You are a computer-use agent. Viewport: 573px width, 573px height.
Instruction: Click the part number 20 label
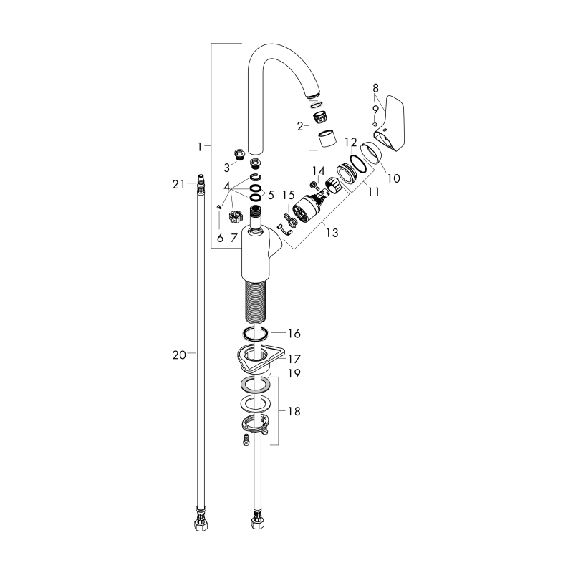point(179,355)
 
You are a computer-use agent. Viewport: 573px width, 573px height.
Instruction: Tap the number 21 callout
point(178,185)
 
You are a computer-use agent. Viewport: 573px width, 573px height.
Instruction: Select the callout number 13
point(332,232)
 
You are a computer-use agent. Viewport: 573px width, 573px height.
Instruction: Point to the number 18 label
point(294,411)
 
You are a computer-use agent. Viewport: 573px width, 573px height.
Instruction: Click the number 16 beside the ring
point(294,333)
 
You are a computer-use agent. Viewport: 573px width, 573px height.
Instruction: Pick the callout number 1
point(200,147)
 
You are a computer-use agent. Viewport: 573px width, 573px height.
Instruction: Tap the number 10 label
point(394,178)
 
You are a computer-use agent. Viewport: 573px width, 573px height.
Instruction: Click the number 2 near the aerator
point(300,127)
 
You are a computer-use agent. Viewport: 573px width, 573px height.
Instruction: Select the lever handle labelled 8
point(390,124)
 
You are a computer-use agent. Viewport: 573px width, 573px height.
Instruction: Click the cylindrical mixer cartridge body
point(307,209)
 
